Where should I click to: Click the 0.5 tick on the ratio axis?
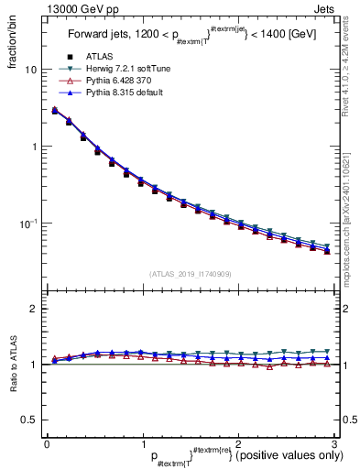point(29,420)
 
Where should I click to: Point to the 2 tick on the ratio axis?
point(33,309)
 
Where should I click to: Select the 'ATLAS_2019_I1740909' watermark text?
point(191,273)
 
